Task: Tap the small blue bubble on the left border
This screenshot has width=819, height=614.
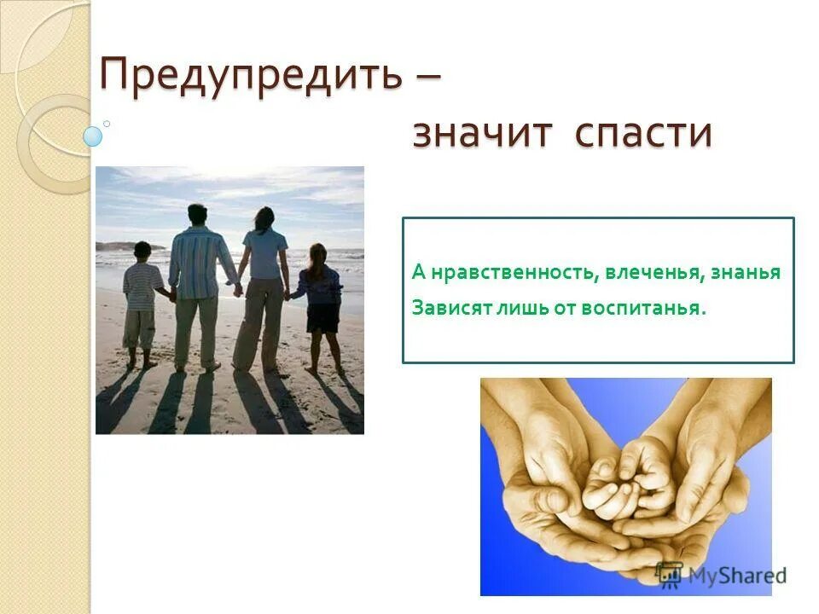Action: pos(92,136)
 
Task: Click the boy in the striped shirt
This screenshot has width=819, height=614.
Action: pos(142,303)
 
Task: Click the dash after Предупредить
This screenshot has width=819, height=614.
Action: pos(424,78)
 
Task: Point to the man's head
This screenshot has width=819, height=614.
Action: pos(197,215)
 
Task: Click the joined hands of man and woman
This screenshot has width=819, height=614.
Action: pos(237,290)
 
